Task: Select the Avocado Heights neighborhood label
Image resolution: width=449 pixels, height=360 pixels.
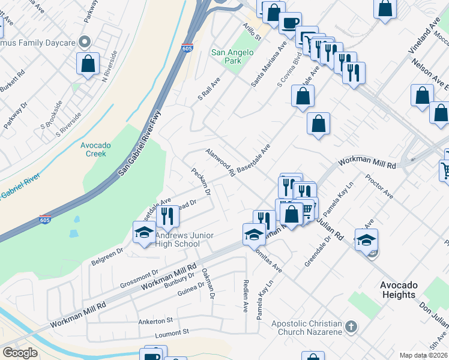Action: [399, 290]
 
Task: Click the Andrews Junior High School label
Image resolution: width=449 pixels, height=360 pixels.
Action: [184, 239]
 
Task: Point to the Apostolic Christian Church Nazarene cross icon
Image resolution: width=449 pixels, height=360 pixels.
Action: [351, 328]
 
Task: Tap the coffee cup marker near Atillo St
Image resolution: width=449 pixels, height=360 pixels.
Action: [290, 23]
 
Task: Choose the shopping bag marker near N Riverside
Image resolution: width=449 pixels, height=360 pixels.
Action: [88, 63]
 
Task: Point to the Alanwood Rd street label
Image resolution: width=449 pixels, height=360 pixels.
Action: [220, 163]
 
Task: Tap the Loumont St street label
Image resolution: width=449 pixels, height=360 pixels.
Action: [172, 331]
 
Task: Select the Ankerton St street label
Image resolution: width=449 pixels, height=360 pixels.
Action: [156, 320]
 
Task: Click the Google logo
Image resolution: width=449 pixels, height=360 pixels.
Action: [20, 352]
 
